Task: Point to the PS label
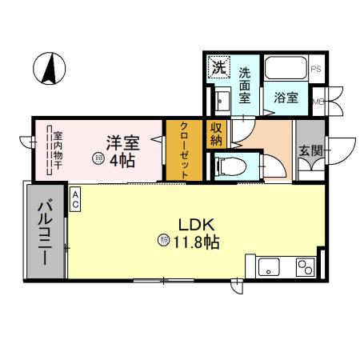click(x=316, y=70)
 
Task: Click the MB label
click(x=317, y=102)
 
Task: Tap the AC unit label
click(x=74, y=199)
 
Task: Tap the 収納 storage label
click(x=217, y=133)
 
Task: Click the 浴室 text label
click(x=286, y=98)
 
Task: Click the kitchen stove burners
click(x=305, y=266)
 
